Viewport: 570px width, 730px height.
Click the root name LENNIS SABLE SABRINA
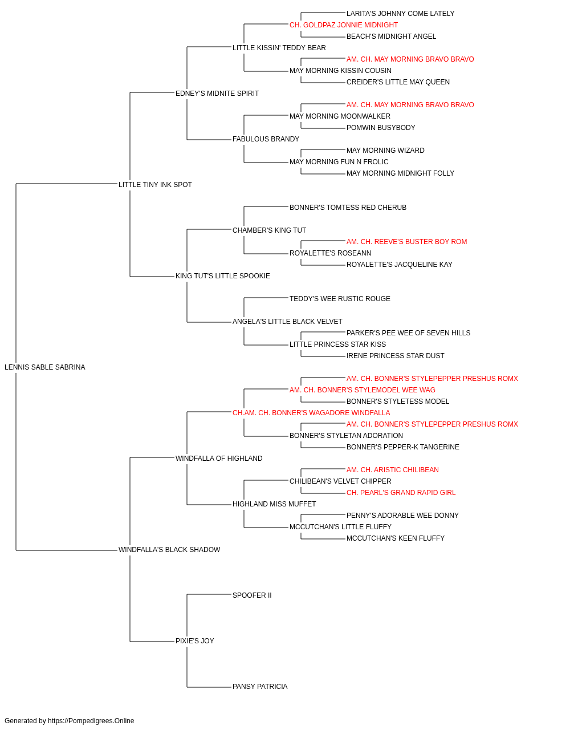pyautogui.click(x=44, y=367)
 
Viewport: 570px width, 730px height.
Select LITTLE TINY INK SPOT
pyautogui.click(x=155, y=185)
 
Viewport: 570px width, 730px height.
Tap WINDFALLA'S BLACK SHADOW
pyautogui.click(x=169, y=550)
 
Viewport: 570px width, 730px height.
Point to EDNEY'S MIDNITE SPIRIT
pyautogui.click(x=217, y=94)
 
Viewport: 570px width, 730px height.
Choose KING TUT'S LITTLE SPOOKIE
pyautogui.click(x=222, y=276)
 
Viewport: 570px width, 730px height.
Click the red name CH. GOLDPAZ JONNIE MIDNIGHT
pyautogui.click(x=343, y=25)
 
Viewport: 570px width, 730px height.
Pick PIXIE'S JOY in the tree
pyautogui.click(x=195, y=641)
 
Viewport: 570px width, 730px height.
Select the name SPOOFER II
pyautogui.click(x=252, y=595)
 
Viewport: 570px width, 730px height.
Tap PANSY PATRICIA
pyautogui.click(x=260, y=687)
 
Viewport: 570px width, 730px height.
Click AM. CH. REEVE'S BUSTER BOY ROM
pyautogui.click(x=406, y=242)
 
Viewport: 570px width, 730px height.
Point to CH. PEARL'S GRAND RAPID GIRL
pyautogui.click(x=401, y=493)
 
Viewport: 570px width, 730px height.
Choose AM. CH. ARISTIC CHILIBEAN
pyautogui.click(x=392, y=470)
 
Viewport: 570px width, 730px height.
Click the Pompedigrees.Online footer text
pyautogui.click(x=69, y=721)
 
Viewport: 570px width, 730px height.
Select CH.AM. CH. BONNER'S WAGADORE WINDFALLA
pyautogui.click(x=311, y=413)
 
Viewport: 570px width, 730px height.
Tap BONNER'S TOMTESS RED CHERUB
pyautogui.click(x=348, y=208)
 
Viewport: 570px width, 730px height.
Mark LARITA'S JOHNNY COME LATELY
pyautogui.click(x=400, y=14)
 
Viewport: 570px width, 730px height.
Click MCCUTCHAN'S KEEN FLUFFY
pyautogui.click(x=396, y=538)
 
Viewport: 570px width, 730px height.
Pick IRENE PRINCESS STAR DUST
pyautogui.click(x=395, y=356)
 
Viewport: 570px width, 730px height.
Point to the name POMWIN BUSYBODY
pyautogui.click(x=381, y=128)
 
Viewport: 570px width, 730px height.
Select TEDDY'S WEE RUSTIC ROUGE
pyautogui.click(x=340, y=299)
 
